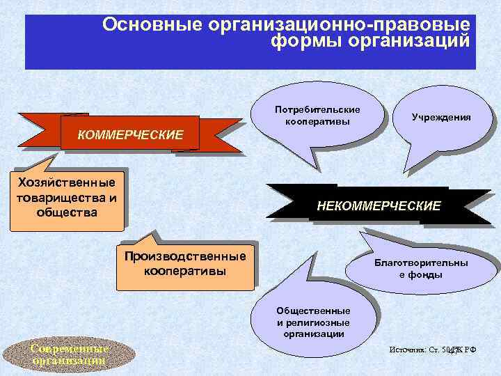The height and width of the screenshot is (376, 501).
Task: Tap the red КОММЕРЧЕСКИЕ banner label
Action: pos(130,134)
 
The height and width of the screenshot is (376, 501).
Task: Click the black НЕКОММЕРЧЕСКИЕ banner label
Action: pos(379,206)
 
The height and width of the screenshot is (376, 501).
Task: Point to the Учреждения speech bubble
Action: pos(440,118)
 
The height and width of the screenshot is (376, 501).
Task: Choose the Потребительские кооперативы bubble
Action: pos(317,116)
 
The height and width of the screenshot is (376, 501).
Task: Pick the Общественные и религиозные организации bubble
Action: pos(313,322)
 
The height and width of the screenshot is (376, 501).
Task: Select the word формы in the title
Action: pos(301,41)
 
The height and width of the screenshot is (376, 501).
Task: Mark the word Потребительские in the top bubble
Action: pos(317,110)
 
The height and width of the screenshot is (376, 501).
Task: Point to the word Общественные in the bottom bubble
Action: pos(313,311)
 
